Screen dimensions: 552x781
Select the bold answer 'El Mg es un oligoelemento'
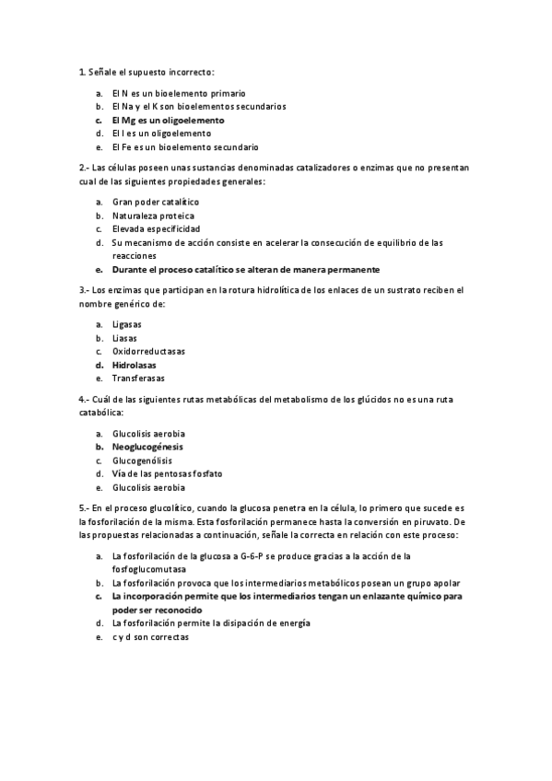coord(168,120)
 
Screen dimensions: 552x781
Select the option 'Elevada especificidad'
coord(156,228)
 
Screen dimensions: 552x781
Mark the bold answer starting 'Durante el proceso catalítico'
coord(245,269)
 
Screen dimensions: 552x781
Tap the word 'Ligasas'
coord(127,324)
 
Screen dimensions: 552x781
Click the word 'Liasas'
coord(125,338)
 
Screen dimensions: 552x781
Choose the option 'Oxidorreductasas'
coord(148,351)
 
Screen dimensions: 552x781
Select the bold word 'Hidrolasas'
coord(135,365)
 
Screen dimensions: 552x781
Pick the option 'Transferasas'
coord(138,378)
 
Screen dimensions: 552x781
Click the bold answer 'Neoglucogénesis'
coord(147,447)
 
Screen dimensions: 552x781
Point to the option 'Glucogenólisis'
coord(142,460)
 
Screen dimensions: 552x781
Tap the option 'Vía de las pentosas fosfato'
coord(167,473)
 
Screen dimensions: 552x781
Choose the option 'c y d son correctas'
coord(150,636)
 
